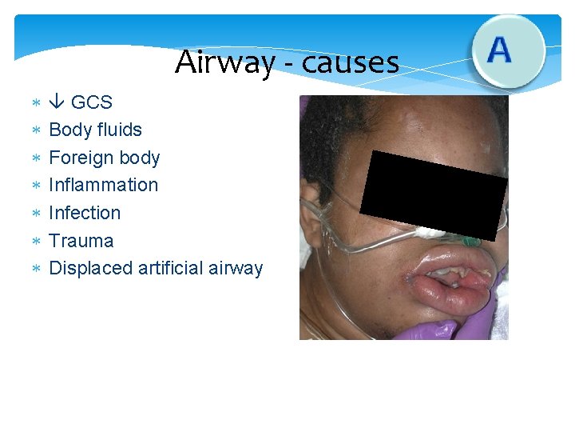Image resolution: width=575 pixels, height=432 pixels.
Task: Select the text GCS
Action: [x=92, y=102]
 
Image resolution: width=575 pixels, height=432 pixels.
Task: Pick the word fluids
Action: [x=117, y=130]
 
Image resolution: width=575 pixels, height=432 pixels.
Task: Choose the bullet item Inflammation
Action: [x=104, y=185]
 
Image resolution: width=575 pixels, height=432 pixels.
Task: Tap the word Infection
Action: [x=85, y=213]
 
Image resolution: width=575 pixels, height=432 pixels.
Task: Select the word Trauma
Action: [x=81, y=241]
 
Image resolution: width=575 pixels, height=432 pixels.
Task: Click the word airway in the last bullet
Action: [x=237, y=268]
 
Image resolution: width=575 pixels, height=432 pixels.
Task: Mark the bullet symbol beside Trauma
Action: [x=35, y=241]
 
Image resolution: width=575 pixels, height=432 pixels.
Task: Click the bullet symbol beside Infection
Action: [x=35, y=213]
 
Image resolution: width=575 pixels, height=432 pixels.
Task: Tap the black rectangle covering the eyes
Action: [x=434, y=192]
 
